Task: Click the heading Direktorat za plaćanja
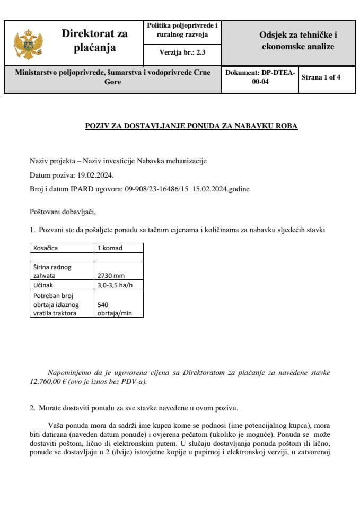click(94, 41)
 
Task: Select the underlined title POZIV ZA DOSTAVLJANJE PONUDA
click(191, 126)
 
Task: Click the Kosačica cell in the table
click(46, 248)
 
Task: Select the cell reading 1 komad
click(111, 248)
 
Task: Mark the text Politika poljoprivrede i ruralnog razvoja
click(182, 30)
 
